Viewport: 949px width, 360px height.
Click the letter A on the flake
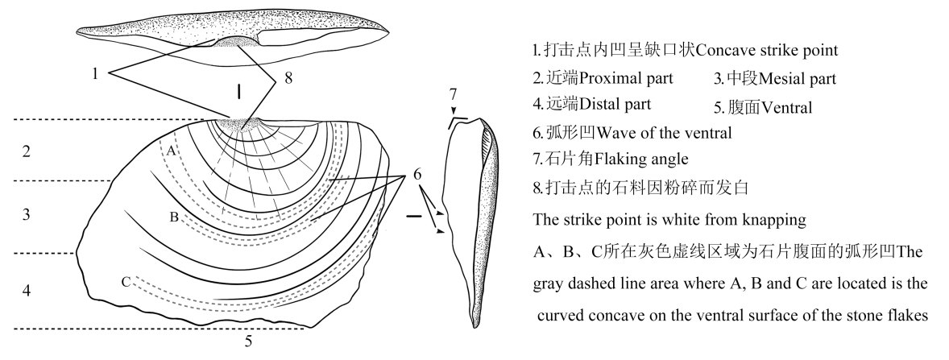(x=171, y=149)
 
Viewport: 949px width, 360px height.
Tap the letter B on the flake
(x=173, y=216)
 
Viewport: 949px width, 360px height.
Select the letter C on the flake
(x=126, y=281)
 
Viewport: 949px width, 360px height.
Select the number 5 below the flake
(x=248, y=341)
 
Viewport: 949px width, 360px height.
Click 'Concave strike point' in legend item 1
(x=766, y=50)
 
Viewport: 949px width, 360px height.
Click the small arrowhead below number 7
(x=454, y=111)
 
